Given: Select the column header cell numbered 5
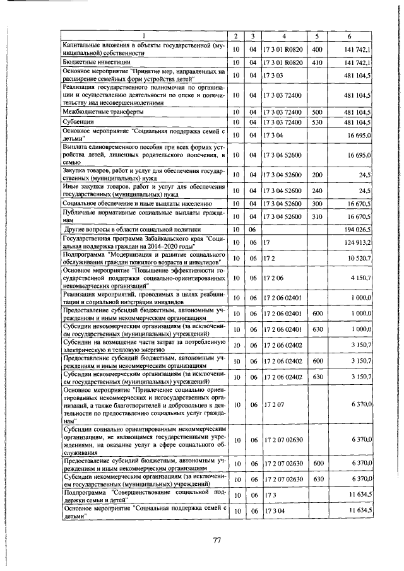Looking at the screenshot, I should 317,35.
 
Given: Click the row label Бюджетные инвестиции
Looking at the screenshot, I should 96,63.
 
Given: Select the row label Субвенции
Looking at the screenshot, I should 78,121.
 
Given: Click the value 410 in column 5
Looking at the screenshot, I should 317,63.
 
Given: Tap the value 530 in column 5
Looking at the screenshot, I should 317,121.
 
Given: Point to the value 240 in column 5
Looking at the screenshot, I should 317,191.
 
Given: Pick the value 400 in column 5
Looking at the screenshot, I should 317,49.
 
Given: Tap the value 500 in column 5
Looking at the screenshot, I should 317,112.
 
